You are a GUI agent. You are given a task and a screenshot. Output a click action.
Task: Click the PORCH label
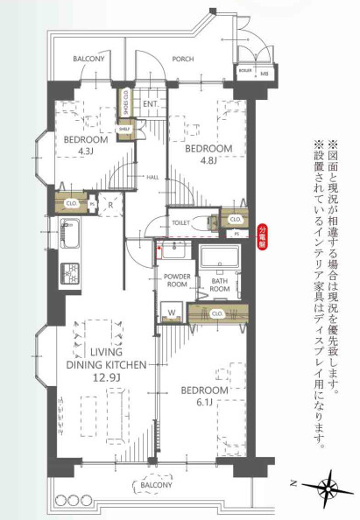[182, 60]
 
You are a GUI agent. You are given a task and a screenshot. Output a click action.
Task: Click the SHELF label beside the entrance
[125, 129]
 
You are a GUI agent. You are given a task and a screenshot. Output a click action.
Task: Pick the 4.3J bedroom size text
[85, 151]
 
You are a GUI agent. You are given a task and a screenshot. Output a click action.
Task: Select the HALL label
[152, 176]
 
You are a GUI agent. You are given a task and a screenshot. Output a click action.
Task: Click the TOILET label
[181, 222]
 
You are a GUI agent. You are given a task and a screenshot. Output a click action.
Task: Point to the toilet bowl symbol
[202, 221]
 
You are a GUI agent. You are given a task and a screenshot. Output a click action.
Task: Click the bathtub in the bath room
[220, 260]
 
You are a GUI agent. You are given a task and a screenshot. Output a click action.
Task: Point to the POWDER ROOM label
[176, 280]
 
